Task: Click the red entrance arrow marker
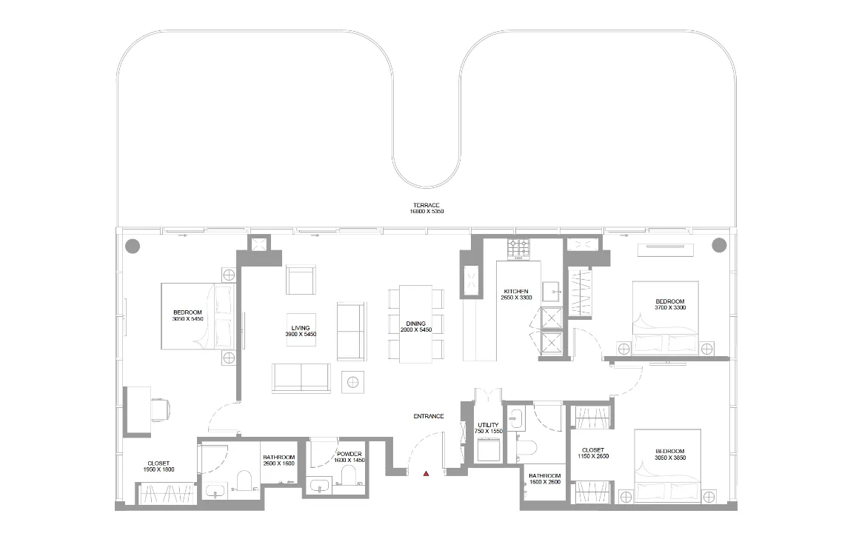426,473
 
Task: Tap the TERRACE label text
426,208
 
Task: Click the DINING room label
415,327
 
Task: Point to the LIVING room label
301,331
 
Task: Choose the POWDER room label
349,457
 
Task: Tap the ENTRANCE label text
428,416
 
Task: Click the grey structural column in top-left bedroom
132,245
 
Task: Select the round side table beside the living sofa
353,381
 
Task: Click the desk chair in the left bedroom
161,406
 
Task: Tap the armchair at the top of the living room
301,280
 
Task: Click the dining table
415,324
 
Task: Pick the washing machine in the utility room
488,450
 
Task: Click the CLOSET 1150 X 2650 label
593,453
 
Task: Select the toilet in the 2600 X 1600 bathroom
242,483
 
